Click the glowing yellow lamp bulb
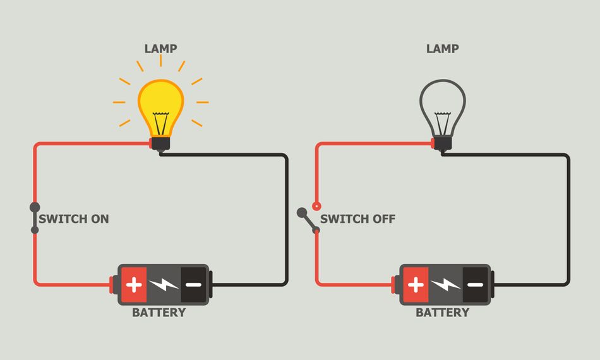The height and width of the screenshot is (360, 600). pos(161,104)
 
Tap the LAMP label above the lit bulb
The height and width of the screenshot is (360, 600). pos(160,49)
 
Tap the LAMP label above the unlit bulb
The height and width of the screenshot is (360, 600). pos(442,49)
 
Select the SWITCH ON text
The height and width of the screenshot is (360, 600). pos(74,219)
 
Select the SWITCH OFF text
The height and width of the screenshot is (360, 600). pos(357,219)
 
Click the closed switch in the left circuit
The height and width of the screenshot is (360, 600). pos(35,219)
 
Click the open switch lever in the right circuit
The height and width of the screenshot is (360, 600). pos(309,221)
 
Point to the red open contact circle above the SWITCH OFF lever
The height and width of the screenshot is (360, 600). pos(316,206)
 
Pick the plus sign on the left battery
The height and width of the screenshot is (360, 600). pos(134,284)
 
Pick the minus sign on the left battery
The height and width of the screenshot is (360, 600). pos(193,284)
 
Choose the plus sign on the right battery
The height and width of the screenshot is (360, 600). pos(416,284)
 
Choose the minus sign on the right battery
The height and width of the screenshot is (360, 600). pos(475,284)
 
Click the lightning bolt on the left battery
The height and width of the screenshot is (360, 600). pos(164,284)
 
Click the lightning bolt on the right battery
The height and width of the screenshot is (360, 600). pos(445,284)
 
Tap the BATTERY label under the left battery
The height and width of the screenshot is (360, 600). pos(159,313)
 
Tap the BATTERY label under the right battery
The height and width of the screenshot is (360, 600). pos(442,313)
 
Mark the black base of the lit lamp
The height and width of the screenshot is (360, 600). pos(160,143)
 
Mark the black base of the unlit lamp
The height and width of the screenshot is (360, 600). pos(443,143)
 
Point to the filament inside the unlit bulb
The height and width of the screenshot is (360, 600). pos(443,120)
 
